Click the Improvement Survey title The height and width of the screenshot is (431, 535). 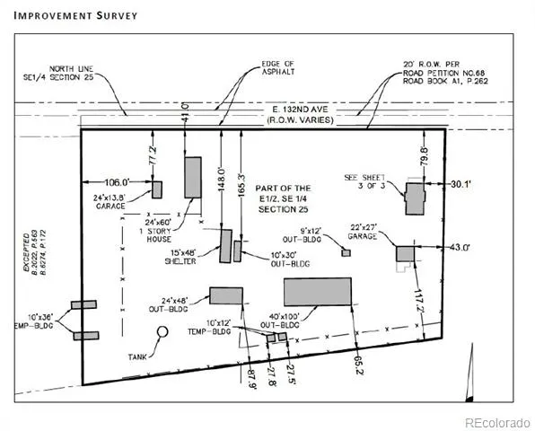click(75, 15)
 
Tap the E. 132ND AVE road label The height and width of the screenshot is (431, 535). click(300, 110)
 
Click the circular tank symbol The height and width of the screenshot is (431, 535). click(162, 331)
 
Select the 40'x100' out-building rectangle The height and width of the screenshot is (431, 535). click(318, 292)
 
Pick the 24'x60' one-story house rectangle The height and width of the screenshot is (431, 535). click(193, 178)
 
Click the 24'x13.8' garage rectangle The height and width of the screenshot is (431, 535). click(157, 189)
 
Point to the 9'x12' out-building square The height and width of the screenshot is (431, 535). click(346, 253)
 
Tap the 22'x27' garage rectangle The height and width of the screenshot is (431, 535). click(406, 254)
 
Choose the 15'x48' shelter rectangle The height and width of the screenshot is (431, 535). click(225, 246)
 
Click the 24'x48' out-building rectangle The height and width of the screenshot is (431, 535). click(226, 296)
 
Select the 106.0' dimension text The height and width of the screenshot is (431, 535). click(117, 182)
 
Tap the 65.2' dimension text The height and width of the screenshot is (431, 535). click(358, 365)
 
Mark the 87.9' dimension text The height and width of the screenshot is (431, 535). click(252, 379)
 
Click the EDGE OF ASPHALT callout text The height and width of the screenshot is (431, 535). click(277, 68)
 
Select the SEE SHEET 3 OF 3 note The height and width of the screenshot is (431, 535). click(364, 181)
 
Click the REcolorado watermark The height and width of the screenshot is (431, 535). click(497, 423)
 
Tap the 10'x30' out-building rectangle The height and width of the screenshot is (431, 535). click(237, 251)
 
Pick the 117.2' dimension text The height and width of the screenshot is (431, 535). click(419, 302)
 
